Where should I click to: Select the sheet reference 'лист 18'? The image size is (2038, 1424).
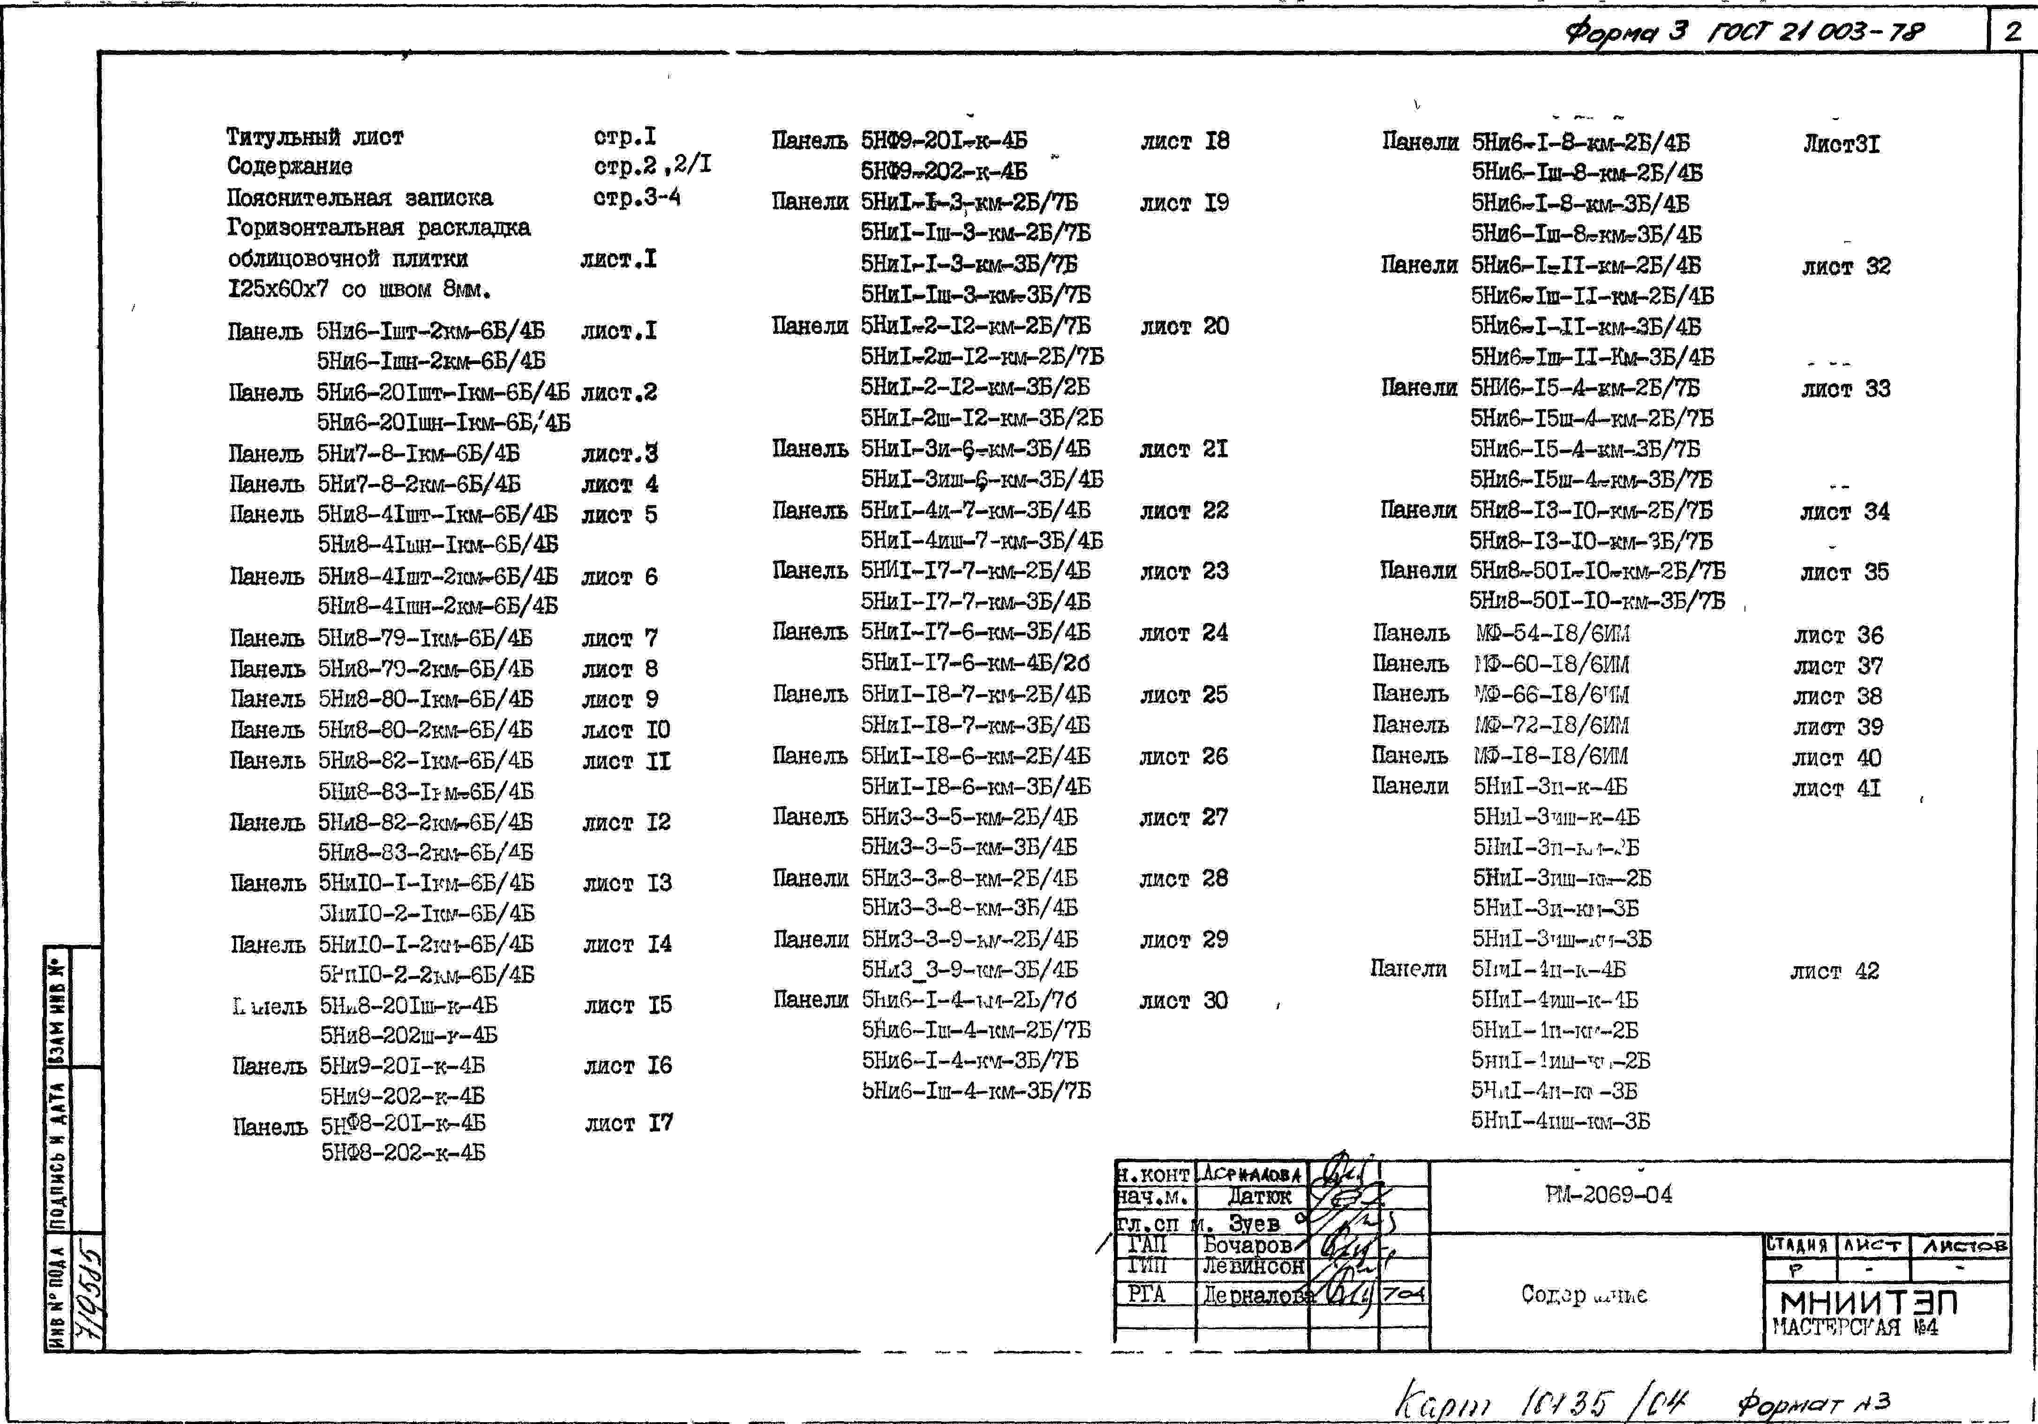tap(1184, 141)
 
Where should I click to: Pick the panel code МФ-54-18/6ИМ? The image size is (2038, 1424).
tap(1552, 634)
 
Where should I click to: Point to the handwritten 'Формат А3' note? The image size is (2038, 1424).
tap(1813, 1403)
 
